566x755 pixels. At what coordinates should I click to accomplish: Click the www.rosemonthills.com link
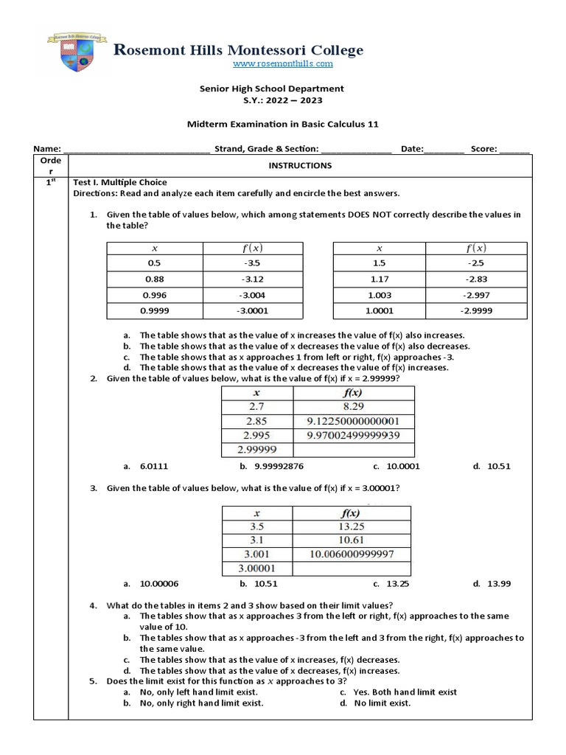point(283,64)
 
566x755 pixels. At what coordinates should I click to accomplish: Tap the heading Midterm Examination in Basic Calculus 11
point(283,125)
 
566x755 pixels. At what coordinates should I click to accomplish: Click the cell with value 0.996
point(154,295)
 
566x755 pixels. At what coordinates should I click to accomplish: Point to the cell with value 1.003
point(379,295)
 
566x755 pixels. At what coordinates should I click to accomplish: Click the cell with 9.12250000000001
point(353,421)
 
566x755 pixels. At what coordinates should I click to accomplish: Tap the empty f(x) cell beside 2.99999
point(353,449)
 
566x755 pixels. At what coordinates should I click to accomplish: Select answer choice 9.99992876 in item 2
point(273,466)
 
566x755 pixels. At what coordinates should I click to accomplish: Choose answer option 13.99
point(499,584)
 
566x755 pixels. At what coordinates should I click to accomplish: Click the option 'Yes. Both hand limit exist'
point(405,692)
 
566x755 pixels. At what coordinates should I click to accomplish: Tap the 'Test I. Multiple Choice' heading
point(120,182)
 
